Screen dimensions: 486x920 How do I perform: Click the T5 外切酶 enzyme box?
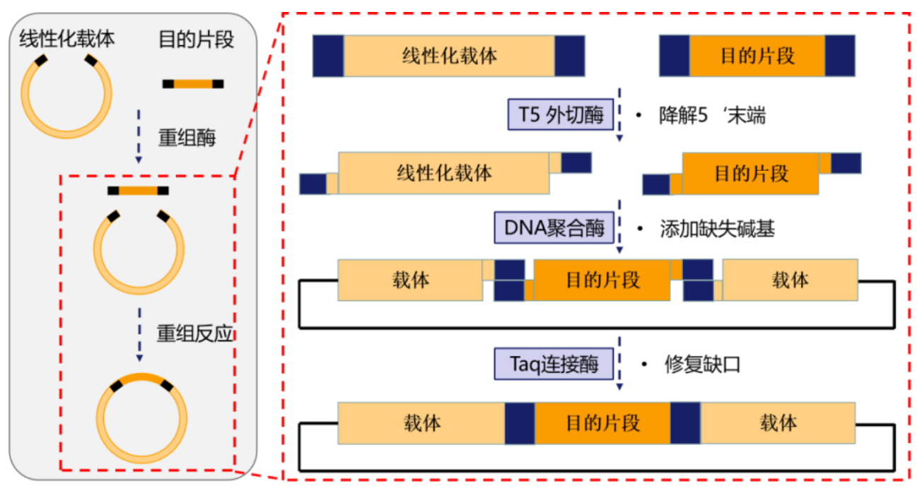tap(559, 115)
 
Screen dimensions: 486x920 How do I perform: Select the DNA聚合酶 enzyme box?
tap(554, 228)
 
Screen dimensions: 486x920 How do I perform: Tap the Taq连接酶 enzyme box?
tap(554, 364)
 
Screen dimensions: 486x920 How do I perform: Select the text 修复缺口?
tap(702, 364)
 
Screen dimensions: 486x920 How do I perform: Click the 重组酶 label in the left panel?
tap(187, 137)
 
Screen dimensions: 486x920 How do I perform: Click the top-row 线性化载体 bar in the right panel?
tap(449, 57)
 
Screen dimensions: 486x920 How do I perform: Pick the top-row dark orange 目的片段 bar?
tap(757, 57)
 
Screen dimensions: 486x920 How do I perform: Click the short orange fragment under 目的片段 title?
tap(193, 84)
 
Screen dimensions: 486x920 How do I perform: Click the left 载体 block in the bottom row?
tap(421, 424)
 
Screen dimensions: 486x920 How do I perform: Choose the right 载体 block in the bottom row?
tap(777, 424)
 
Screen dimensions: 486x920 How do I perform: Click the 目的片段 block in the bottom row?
tap(602, 424)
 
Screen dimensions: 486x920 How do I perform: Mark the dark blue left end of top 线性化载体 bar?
tap(328, 57)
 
